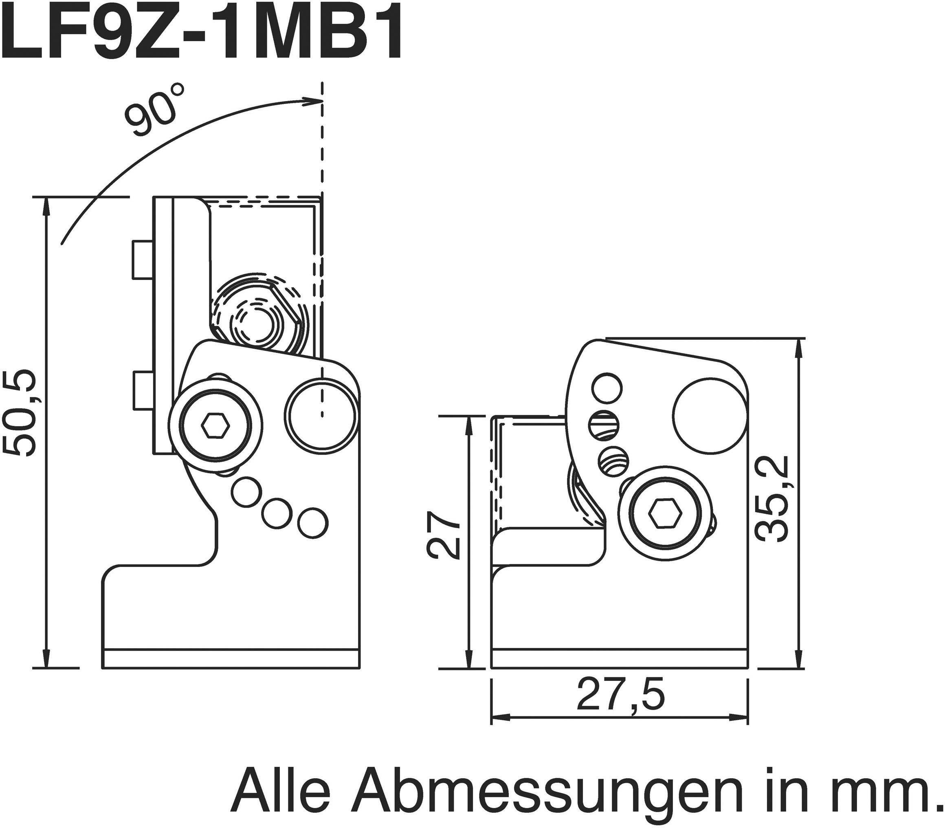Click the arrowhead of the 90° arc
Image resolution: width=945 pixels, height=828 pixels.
click(314, 101)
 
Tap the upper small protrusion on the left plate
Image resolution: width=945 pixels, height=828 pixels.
click(143, 260)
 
